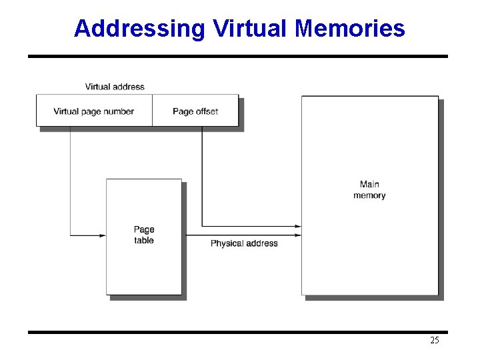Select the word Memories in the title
click(350, 29)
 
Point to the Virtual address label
click(115, 87)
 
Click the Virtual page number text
click(94, 111)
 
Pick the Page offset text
click(195, 111)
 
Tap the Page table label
click(144, 235)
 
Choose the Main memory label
click(369, 190)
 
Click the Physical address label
click(244, 243)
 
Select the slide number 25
click(435, 341)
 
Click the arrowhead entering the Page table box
click(103, 235)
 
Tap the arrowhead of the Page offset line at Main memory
click(298, 227)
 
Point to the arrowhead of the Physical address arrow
click(298, 235)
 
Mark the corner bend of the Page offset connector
click(202, 227)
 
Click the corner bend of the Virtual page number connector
click(70, 235)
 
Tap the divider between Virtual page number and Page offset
click(152, 111)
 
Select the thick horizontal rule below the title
click(238, 57)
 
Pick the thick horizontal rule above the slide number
click(238, 332)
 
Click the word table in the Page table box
click(144, 241)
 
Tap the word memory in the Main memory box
click(369, 195)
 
